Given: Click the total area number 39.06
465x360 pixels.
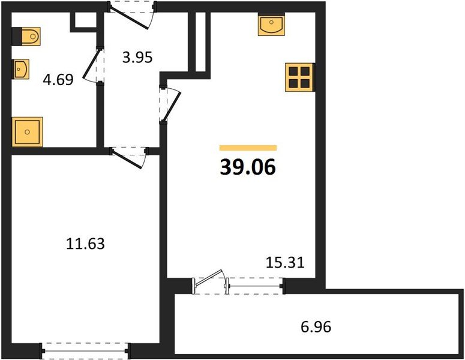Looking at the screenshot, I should coord(248,168).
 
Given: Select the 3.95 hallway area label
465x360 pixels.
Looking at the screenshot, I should coord(137,58).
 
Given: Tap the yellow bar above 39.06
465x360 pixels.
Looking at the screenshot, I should coord(248,148).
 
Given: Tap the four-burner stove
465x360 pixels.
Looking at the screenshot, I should coord(298,77).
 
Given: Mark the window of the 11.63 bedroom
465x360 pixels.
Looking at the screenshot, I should coord(85,347).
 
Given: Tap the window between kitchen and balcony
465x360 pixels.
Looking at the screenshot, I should coord(254,286).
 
